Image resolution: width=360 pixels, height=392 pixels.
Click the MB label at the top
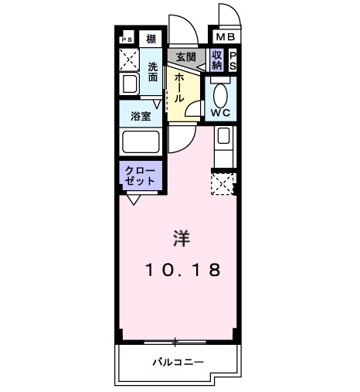pos(224,37)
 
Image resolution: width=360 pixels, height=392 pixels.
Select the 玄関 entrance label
pos(185,57)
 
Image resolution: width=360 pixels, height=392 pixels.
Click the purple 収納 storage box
pos(217,60)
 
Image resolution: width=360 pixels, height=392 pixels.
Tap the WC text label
pos(221,114)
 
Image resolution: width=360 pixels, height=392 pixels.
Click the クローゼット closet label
pos(141,175)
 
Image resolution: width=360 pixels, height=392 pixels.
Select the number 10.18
pos(182,271)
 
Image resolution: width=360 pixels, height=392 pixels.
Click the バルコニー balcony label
pos(177,362)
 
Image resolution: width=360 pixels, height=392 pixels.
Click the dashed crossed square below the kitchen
pos(222,183)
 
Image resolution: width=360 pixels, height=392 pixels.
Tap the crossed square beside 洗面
pos(128,60)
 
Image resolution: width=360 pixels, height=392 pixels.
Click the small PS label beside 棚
pos(127,39)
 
